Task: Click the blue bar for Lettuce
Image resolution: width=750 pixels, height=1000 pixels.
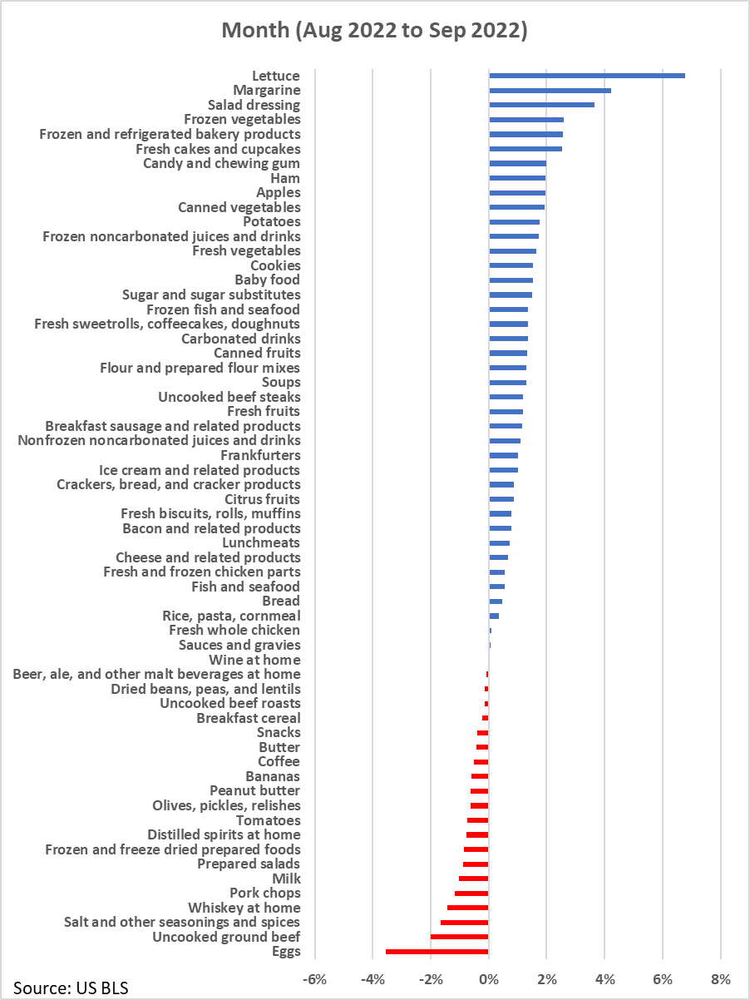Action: tap(587, 76)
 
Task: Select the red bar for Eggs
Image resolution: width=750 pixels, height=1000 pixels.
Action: tap(437, 952)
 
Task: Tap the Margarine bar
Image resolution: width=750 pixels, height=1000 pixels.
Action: tap(550, 90)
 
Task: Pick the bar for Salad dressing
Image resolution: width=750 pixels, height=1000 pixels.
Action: tap(542, 105)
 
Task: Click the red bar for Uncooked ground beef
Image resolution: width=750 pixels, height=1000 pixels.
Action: tap(460, 937)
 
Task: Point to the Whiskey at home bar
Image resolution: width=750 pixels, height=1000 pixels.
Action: tap(467, 908)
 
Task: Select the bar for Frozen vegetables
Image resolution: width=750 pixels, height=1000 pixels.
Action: tap(526, 119)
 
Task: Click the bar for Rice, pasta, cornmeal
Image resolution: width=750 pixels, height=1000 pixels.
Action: tap(494, 616)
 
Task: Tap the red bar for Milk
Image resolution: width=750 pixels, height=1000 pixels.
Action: tap(474, 879)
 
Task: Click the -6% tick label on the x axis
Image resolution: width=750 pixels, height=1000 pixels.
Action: tap(314, 978)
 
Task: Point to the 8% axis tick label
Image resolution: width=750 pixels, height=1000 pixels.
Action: tap(721, 978)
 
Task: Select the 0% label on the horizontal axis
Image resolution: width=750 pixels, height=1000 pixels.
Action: tap(489, 978)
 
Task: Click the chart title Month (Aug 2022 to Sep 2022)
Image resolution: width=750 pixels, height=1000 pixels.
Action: tap(374, 31)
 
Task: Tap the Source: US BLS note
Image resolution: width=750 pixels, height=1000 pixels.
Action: tap(71, 988)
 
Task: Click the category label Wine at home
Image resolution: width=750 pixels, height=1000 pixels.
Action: tap(254, 660)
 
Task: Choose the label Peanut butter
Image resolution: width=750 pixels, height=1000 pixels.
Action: tap(255, 791)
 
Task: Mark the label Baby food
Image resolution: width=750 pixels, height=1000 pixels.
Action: tap(267, 280)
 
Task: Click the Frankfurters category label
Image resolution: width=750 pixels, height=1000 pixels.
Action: tap(260, 455)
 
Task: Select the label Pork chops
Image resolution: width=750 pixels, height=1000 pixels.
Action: tap(265, 893)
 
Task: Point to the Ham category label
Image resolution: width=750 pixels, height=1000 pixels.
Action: tap(285, 178)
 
